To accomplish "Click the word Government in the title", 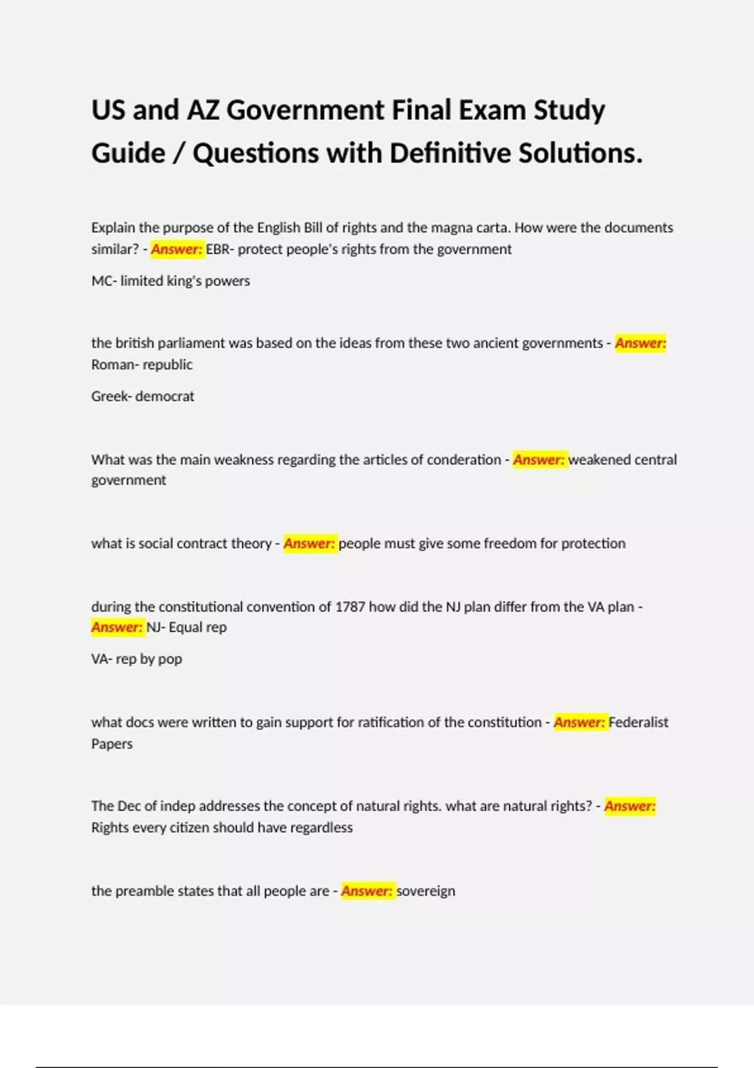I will coord(305,111).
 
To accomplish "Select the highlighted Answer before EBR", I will coord(177,249).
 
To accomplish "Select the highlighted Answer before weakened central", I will coord(539,460).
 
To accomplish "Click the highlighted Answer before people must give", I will coord(309,543).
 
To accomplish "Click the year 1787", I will coord(350,607).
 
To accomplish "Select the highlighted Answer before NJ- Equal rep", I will coord(117,627).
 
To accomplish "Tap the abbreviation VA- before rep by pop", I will coord(102,659).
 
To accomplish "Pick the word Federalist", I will coord(638,722).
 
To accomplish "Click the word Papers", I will coord(112,744).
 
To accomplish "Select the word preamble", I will coord(145,891).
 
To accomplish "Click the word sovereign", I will coord(426,891).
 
